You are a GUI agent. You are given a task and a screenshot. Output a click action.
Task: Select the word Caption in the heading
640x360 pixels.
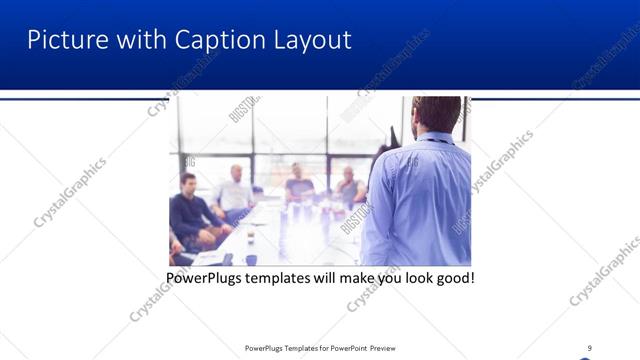[210, 40]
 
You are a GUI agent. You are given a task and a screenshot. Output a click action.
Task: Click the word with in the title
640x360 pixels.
[135, 40]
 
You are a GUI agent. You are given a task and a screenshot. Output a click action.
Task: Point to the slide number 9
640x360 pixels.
[589, 348]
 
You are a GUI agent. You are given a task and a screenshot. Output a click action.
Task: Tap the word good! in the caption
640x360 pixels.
[453, 276]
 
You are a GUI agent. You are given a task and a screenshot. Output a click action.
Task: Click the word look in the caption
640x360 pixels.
[411, 276]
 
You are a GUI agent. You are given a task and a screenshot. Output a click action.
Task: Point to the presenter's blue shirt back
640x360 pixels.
[420, 200]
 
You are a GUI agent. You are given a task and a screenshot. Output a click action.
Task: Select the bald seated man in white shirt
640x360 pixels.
[234, 190]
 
